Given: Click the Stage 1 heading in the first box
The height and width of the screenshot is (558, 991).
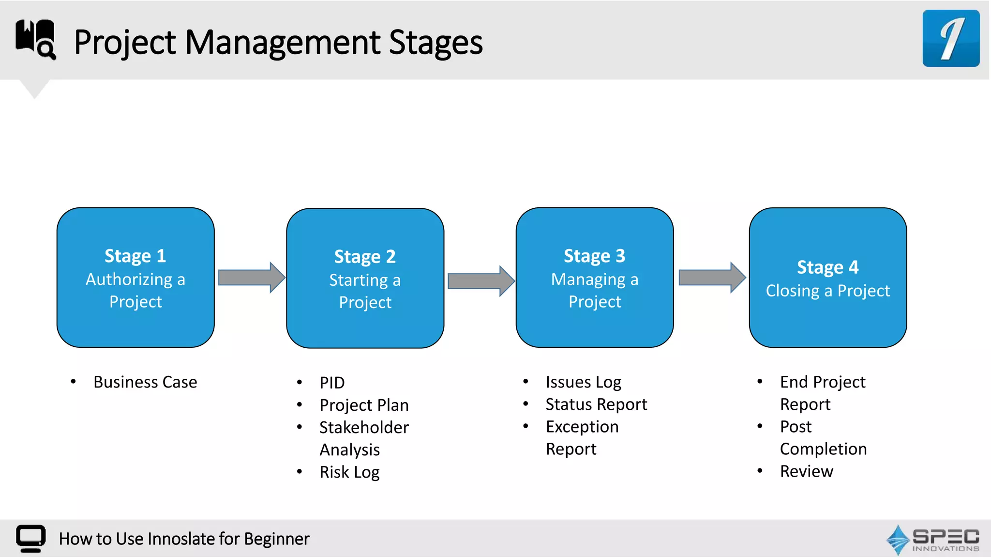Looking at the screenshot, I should tap(135, 256).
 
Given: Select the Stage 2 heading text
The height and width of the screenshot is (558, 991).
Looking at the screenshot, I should tap(365, 257).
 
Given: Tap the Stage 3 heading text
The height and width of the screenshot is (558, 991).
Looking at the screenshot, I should tap(594, 256).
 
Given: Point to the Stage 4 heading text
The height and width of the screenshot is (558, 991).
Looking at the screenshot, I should tap(827, 267).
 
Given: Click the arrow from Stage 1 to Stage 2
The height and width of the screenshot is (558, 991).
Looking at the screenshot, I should tap(251, 278).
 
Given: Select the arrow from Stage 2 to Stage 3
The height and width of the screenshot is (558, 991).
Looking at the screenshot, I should tap(480, 281).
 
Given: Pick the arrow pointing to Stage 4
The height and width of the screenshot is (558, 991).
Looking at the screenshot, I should tap(712, 278).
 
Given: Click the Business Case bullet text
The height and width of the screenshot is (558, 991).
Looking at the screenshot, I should tap(145, 382).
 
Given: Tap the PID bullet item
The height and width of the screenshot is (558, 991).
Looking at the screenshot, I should tap(332, 383).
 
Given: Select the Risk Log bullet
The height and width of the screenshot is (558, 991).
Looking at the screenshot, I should tap(349, 472).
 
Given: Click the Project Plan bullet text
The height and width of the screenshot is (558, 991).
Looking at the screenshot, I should tap(364, 405).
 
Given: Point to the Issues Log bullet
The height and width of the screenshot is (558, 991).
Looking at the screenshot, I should tap(583, 382).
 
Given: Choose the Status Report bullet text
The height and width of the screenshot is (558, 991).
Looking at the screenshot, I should tap(596, 404).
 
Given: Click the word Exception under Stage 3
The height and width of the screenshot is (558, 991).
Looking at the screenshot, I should tap(582, 427).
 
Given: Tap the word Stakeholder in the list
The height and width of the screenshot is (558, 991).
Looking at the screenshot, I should tap(364, 427).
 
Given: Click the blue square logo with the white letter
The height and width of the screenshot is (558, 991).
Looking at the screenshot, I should tap(950, 38).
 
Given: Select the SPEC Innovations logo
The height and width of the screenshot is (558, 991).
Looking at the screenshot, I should tap(932, 540).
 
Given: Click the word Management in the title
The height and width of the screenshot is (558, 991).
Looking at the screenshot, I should tap(282, 43).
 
